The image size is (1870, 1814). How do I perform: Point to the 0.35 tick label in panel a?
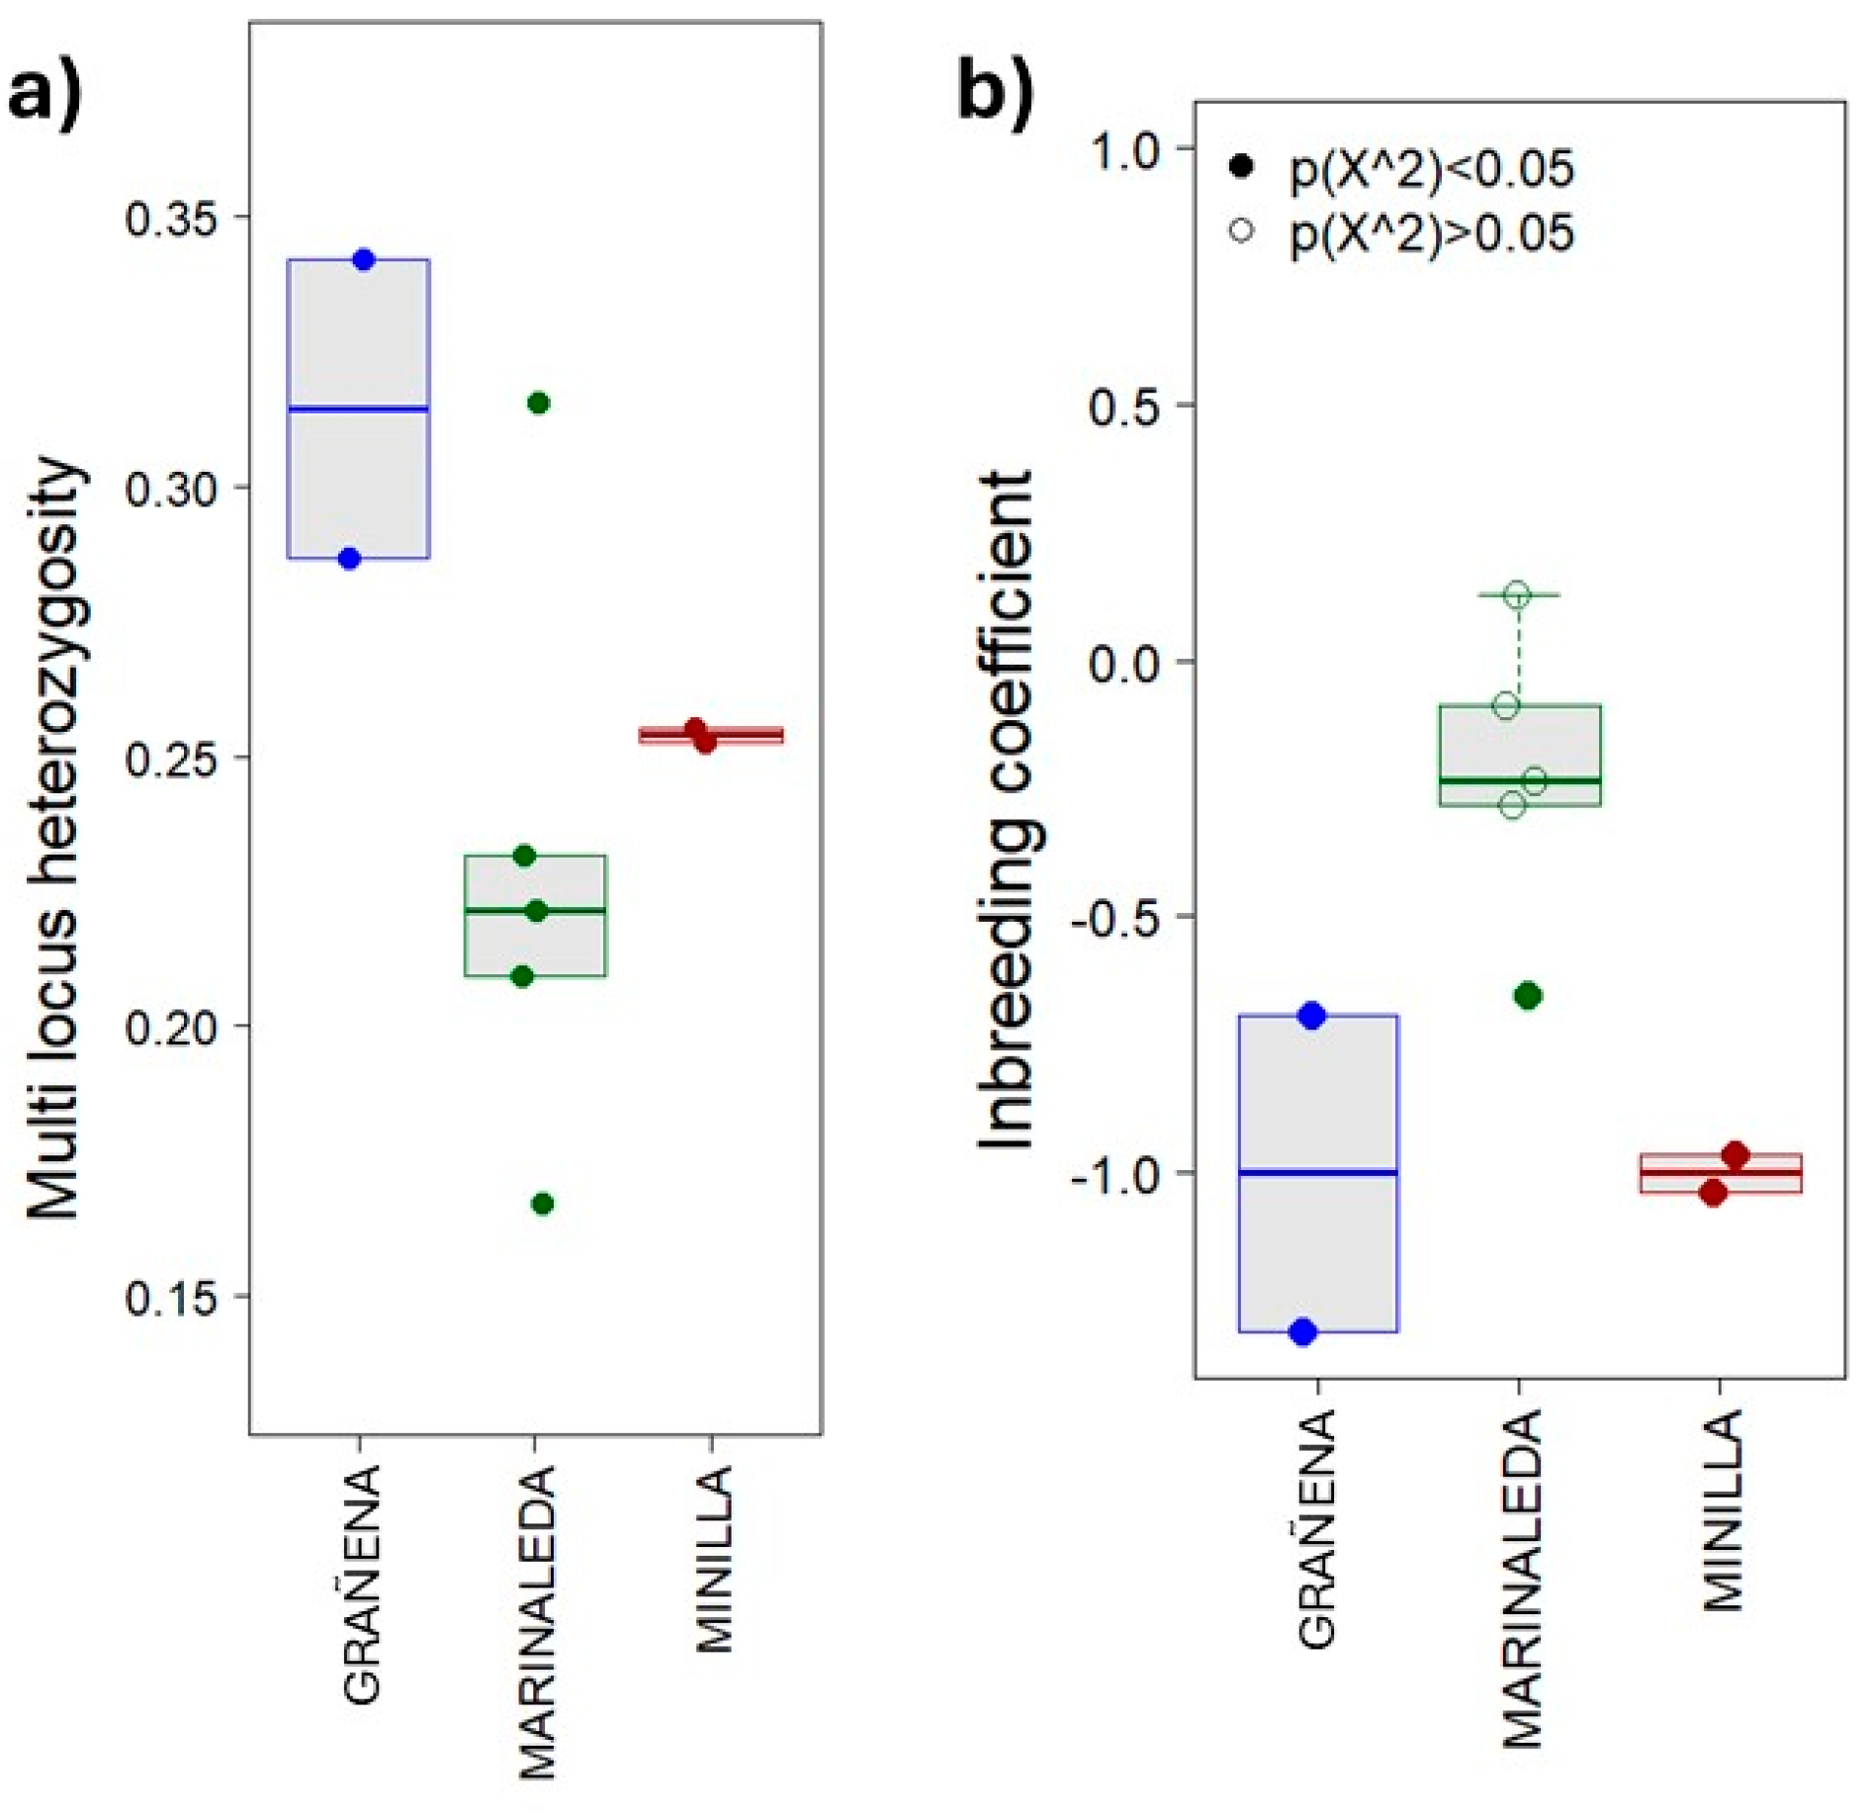click(x=170, y=219)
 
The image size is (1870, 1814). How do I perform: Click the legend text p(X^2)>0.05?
click(x=1431, y=233)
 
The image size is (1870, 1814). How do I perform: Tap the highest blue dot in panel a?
click(x=364, y=260)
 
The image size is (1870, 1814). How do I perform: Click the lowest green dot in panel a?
click(x=542, y=1204)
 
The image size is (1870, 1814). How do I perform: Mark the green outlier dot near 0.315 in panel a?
click(x=538, y=403)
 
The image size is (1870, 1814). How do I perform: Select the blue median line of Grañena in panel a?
click(x=358, y=408)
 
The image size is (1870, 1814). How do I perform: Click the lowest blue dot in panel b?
click(x=1303, y=1332)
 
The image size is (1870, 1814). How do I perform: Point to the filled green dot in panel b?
click(x=1528, y=996)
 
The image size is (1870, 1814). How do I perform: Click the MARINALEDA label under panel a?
click(x=538, y=1622)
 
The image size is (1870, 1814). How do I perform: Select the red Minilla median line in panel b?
click(x=1721, y=1173)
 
